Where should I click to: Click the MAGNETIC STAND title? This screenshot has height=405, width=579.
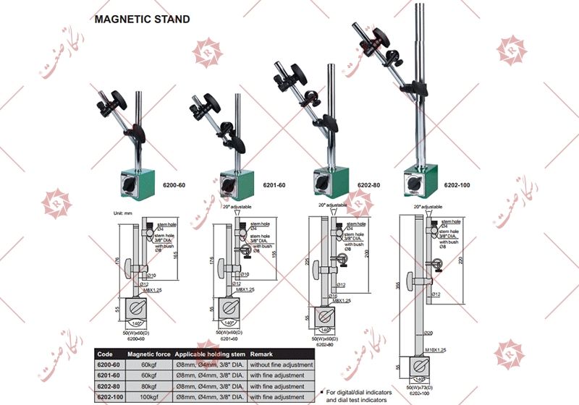(143, 20)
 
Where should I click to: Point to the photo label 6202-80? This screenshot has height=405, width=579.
(371, 186)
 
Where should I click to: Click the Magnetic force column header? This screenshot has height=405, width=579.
(149, 355)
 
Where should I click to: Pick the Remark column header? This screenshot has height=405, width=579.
(263, 355)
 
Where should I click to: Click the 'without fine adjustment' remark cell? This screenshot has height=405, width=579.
(282, 365)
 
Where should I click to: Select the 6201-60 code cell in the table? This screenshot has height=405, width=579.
(109, 376)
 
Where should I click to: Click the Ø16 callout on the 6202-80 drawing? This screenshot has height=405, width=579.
(334, 295)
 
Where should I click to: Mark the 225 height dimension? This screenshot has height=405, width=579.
(308, 263)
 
